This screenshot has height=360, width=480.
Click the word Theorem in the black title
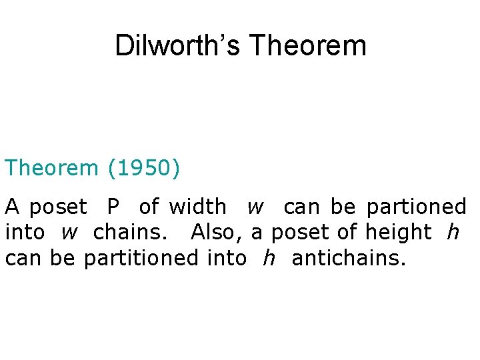pos(308,46)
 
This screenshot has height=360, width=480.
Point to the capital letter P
pos(113,207)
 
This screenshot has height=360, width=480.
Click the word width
pos(197,207)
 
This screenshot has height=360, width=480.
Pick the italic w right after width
pos(255,208)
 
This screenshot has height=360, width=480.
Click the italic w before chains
pos(69,233)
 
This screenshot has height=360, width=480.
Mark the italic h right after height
pos(453,233)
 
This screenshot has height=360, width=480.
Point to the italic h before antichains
pos(269,258)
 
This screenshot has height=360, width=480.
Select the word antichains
pos(348,258)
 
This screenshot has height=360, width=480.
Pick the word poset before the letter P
pos(58,208)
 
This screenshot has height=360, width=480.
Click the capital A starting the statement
pos(13,207)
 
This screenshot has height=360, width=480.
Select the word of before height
pos(344,233)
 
